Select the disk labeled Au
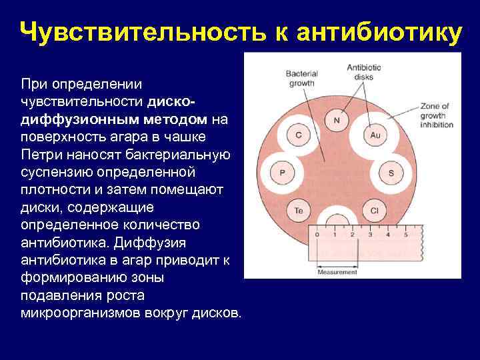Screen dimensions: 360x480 375,135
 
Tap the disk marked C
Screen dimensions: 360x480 298,135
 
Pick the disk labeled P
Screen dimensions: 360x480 282,173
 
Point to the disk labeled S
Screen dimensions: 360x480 391,173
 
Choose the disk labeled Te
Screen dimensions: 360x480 298,211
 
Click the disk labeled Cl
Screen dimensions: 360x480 375,211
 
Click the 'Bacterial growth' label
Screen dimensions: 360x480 300,79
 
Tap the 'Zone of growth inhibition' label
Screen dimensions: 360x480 437,115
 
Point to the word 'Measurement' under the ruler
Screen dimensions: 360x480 337,272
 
